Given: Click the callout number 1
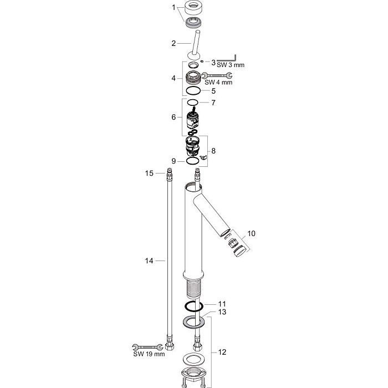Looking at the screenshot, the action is (x=173, y=7).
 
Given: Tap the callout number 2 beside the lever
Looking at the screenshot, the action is (x=173, y=44).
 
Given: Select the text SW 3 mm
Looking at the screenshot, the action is (x=231, y=65).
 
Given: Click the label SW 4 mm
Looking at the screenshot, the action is (x=218, y=83).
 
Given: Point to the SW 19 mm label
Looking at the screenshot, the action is (x=149, y=354).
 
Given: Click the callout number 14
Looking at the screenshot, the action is (x=149, y=261).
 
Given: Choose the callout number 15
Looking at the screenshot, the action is (x=149, y=173).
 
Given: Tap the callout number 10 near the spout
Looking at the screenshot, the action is (x=252, y=233).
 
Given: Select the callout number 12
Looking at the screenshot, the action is (x=222, y=352).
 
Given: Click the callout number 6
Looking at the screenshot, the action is (x=173, y=117).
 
